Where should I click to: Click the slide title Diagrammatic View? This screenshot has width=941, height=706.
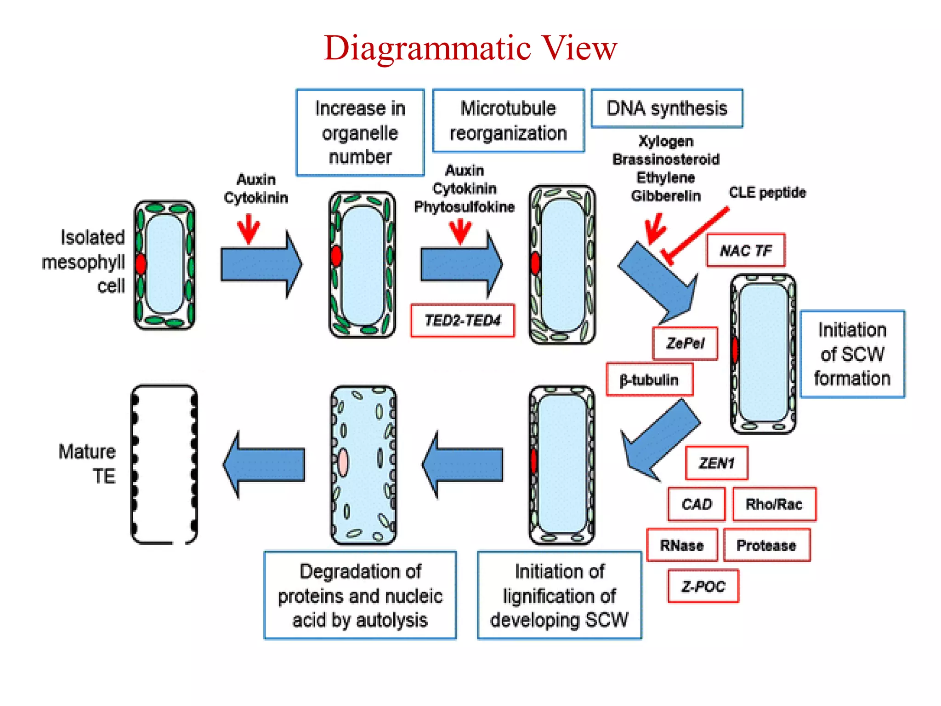pos(470,48)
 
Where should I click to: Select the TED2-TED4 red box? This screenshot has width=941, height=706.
pos(462,320)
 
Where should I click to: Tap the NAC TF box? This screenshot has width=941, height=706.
pos(745,251)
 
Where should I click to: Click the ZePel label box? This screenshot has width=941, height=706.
pos(685,343)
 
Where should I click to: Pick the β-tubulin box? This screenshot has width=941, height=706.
pos(649,380)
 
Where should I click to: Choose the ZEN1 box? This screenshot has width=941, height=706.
pos(716,463)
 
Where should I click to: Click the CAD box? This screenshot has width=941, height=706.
pos(697,504)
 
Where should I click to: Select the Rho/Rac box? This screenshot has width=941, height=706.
pos(774,504)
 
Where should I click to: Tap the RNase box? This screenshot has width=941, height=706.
pos(682,546)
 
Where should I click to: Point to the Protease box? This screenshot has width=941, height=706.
pos(766,546)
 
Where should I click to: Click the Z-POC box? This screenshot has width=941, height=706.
pos(703,586)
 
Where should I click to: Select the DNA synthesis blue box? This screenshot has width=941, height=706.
pos(667,108)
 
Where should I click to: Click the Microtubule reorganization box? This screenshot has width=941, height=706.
pos(508,121)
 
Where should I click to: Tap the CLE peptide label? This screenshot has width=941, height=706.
pos(767,192)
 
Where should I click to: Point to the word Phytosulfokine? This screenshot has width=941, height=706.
pos(464,207)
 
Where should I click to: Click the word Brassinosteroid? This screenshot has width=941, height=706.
pos(666,159)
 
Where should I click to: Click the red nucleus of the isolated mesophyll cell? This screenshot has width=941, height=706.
pos(141,264)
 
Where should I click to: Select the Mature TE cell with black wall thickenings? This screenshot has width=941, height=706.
pos(164,464)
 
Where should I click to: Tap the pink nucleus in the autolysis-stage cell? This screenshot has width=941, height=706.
pos(343,462)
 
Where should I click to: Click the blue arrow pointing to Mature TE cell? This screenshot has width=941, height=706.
pos(264,464)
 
